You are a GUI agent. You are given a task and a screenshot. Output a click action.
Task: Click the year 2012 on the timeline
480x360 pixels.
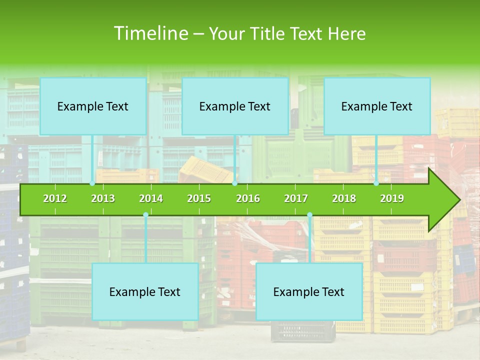55,198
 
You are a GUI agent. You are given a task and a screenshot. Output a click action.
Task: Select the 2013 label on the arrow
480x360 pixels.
103,198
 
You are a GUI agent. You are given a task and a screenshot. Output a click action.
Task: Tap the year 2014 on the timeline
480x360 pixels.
151,198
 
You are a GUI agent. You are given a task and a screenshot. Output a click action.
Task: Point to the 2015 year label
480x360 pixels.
199,198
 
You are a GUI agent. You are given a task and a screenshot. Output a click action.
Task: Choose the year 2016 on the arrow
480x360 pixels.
248,198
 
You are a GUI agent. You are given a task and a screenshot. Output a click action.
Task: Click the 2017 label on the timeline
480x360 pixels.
296,198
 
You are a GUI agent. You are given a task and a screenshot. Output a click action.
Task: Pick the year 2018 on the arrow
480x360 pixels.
344,198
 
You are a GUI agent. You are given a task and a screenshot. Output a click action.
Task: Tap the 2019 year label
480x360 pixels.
392,198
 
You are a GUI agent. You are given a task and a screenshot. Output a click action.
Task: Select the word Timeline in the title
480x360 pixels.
150,33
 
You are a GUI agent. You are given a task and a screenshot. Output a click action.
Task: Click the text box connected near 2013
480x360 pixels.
93,106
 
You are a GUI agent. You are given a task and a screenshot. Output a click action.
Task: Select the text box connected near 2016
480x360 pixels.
235,106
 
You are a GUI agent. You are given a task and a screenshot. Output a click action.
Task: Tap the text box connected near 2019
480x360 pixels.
377,106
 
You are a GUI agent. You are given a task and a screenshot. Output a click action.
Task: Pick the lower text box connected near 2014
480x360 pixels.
145,291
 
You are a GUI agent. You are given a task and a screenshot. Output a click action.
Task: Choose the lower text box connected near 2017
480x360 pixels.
309,291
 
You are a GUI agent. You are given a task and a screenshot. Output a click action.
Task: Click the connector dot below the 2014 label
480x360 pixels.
145,215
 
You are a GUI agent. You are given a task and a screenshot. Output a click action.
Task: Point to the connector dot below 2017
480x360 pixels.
309,215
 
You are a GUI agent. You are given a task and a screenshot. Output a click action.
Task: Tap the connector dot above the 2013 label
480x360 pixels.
92,183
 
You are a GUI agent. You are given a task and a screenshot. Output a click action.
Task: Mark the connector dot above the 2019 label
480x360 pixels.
376,183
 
